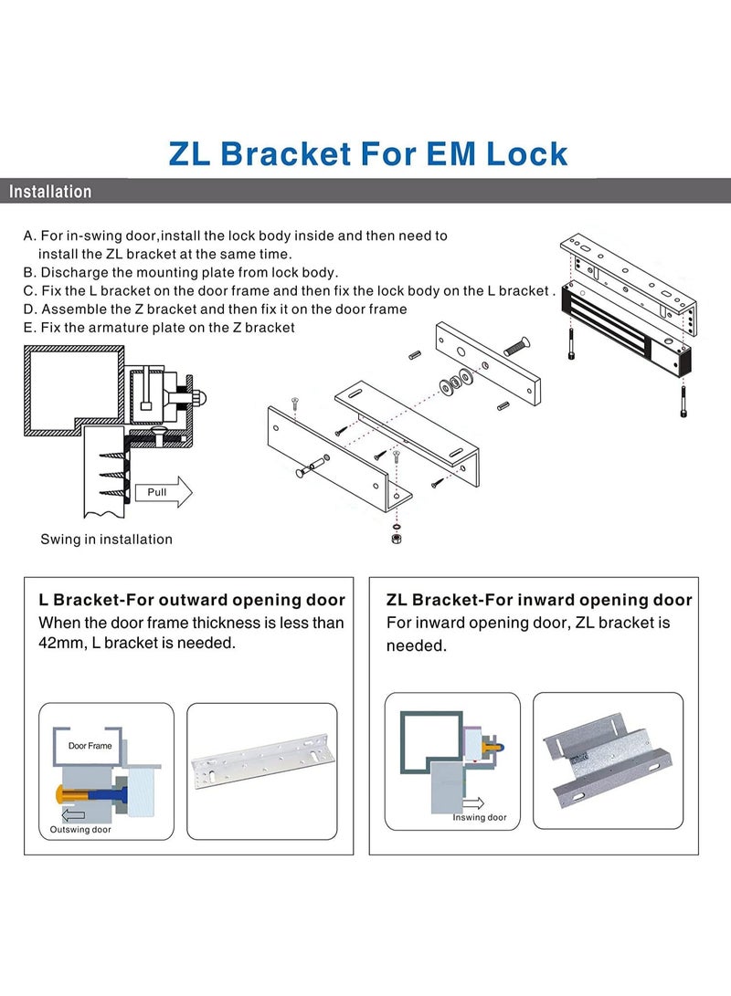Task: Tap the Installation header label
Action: point(50,191)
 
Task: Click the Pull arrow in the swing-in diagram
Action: point(164,492)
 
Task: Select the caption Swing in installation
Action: point(106,540)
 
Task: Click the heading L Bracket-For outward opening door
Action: point(192,601)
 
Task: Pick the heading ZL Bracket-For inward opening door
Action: point(539,601)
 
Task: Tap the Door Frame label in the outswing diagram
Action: point(90,746)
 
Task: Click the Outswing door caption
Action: point(80,830)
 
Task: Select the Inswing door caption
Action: point(480,817)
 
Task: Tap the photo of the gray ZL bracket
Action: point(607,760)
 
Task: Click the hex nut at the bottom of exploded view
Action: point(397,539)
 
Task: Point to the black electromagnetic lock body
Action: point(626,329)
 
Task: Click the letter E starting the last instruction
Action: point(27,328)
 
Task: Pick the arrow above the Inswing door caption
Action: point(473,803)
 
